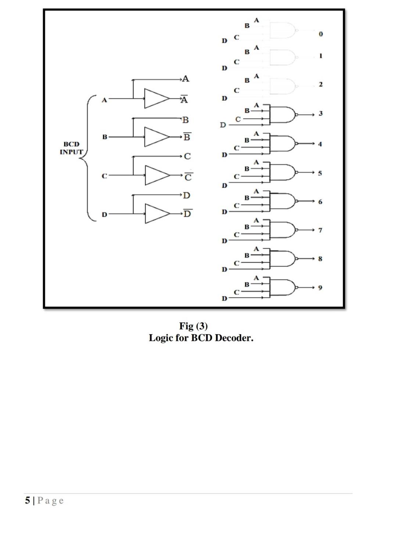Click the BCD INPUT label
[x=71, y=148]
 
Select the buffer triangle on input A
[x=156, y=98]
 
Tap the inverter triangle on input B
[x=156, y=137]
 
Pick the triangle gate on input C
[x=156, y=175]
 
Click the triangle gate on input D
[x=156, y=214]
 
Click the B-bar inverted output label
[x=187, y=137]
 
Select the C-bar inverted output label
[x=188, y=177]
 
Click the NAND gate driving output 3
[x=283, y=115]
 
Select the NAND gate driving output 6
[x=283, y=201]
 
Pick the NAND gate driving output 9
[x=283, y=287]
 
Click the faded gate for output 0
[x=283, y=30]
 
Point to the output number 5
[x=320, y=173]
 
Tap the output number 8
[x=320, y=259]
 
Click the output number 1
[x=321, y=56]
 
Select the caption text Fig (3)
[x=193, y=326]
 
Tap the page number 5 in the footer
[x=28, y=500]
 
